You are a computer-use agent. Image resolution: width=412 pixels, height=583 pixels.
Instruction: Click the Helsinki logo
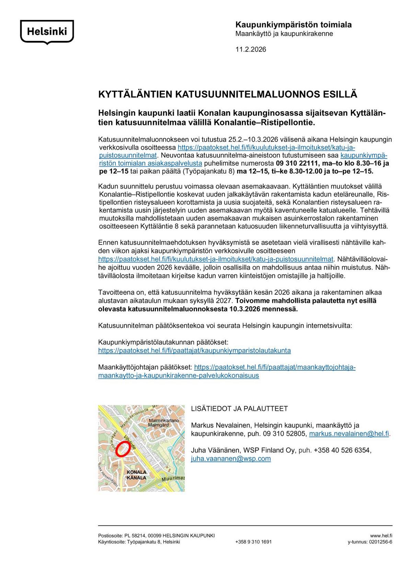click(x=47, y=32)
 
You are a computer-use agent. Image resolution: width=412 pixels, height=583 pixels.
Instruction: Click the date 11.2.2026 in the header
click(x=250, y=49)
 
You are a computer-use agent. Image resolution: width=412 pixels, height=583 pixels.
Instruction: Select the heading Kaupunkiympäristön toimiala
click(x=293, y=25)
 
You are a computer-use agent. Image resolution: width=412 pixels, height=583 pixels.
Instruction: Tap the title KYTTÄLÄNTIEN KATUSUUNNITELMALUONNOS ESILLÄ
click(x=228, y=94)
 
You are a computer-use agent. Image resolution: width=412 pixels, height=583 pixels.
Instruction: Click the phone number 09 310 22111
click(x=296, y=163)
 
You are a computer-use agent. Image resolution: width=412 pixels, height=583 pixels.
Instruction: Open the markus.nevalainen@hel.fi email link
click(x=349, y=434)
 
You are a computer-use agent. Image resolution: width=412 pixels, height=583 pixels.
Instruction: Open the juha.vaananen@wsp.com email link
click(x=231, y=458)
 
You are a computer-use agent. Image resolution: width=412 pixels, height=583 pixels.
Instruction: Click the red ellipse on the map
click(x=122, y=449)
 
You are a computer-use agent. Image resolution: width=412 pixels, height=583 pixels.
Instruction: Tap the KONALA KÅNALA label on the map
click(x=137, y=475)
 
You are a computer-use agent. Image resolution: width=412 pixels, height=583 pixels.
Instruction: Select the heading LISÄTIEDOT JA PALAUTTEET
click(x=239, y=409)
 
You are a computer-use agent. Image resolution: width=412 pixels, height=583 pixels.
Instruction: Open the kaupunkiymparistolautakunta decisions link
click(x=194, y=351)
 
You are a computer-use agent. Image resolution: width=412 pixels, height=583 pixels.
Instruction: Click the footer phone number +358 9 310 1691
click(x=253, y=542)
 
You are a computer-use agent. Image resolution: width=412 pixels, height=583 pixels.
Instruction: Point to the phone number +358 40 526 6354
click(x=342, y=450)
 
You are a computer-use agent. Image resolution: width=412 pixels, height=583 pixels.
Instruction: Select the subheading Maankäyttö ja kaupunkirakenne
click(x=284, y=34)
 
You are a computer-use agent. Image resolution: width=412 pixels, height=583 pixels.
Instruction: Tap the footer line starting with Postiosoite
click(x=156, y=535)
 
